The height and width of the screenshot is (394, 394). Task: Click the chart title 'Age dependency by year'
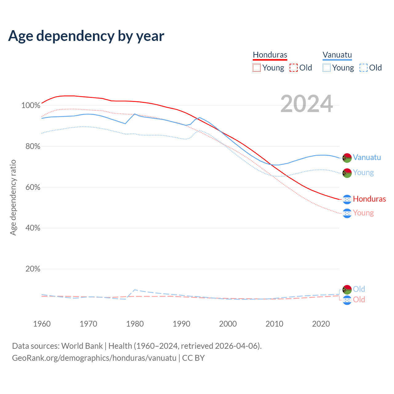click(x=86, y=36)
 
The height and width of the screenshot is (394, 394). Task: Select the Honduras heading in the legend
click(x=270, y=55)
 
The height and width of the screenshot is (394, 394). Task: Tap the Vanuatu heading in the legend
click(x=337, y=55)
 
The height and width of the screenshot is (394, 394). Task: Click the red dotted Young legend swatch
click(x=256, y=68)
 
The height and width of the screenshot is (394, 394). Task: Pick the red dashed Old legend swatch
click(x=294, y=68)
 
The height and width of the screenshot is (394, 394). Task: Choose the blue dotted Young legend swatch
click(x=326, y=68)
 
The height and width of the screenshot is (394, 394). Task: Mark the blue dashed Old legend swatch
click(x=364, y=68)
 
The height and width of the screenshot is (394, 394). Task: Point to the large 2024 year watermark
click(x=307, y=104)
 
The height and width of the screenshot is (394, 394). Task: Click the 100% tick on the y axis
click(x=31, y=106)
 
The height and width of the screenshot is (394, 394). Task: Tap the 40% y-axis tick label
click(x=33, y=228)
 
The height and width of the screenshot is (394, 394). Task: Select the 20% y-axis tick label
click(x=33, y=269)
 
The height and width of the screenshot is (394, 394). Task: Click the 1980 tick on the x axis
click(x=135, y=324)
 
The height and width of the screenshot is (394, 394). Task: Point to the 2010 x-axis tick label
click(x=274, y=324)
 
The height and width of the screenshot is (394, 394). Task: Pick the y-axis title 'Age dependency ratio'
click(x=13, y=197)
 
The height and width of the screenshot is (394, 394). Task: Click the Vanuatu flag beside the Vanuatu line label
click(x=347, y=158)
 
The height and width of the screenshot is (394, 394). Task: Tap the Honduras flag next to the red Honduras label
click(x=347, y=199)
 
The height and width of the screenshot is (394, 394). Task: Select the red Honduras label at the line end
click(x=369, y=199)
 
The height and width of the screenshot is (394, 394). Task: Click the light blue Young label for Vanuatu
click(x=363, y=173)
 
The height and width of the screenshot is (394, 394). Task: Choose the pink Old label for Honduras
click(x=359, y=300)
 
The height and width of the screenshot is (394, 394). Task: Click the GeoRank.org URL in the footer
click(x=94, y=358)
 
